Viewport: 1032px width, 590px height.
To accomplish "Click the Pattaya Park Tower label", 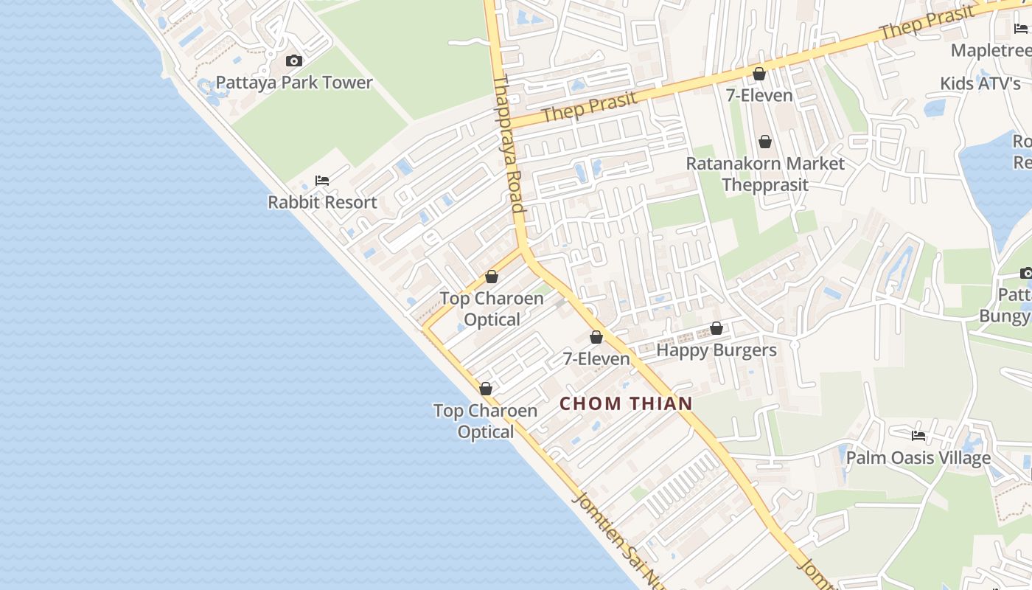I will (294, 82).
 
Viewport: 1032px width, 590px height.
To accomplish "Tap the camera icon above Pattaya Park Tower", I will (294, 60).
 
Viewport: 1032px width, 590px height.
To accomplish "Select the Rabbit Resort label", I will (322, 202).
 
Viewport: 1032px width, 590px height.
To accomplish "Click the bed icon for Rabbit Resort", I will (322, 180).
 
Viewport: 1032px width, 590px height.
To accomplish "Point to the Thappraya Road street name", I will (509, 144).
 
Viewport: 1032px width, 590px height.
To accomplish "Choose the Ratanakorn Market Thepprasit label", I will (765, 173).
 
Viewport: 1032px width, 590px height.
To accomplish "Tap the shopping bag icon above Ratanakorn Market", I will (765, 141).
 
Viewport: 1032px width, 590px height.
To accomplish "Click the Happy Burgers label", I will (717, 350).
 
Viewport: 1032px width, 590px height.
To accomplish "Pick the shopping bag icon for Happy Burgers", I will (717, 328).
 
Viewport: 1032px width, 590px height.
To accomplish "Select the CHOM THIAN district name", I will (626, 403).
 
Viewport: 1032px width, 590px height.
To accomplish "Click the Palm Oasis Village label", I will (918, 458).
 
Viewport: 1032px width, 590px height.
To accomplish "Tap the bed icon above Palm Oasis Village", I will (918, 435).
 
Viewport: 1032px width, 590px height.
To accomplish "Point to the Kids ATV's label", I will (980, 83).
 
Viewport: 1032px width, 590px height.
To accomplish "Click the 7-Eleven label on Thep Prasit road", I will (759, 95).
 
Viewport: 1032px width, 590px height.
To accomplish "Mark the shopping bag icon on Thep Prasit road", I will (759, 74).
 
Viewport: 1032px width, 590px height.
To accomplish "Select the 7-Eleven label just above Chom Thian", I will (596, 359).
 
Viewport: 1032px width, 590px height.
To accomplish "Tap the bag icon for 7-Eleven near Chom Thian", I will (596, 338).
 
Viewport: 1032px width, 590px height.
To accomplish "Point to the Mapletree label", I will (991, 50).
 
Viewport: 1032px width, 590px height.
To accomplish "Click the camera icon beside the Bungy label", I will (1025, 274).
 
